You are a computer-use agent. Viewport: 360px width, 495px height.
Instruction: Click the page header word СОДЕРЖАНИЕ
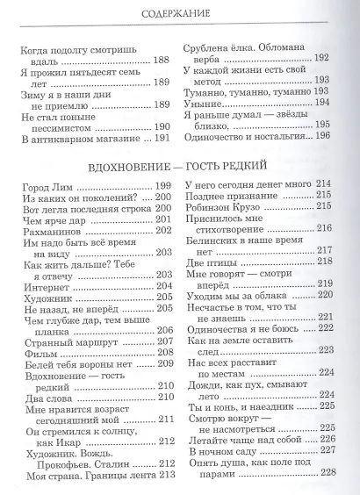(x=181, y=14)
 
